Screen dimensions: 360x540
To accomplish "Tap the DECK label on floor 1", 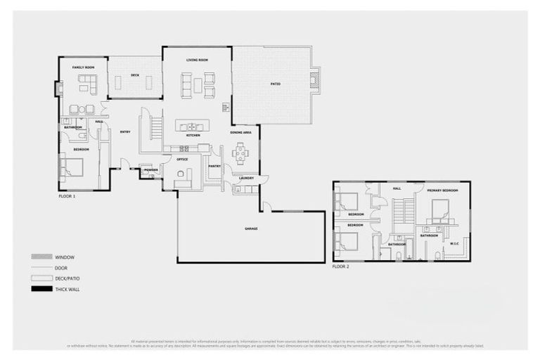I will click(135, 75).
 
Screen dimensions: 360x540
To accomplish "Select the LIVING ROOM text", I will click(197, 60).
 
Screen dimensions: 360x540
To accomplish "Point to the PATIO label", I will click(276, 84).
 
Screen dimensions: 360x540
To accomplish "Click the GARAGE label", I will click(251, 229).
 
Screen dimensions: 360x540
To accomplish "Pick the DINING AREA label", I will click(240, 132).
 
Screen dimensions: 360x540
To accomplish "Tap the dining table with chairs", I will click(240, 153).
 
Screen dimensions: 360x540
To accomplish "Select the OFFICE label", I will click(182, 160).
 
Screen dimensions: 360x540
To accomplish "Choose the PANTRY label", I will click(214, 167).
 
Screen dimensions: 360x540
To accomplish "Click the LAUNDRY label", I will click(246, 178).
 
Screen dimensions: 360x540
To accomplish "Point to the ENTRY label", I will click(125, 131).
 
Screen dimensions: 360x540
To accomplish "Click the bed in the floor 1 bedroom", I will click(73, 167).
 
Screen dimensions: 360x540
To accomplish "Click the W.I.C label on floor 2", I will click(454, 244).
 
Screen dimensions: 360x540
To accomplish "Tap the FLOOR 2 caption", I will click(341, 267).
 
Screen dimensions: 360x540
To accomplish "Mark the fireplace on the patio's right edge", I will click(315, 79).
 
